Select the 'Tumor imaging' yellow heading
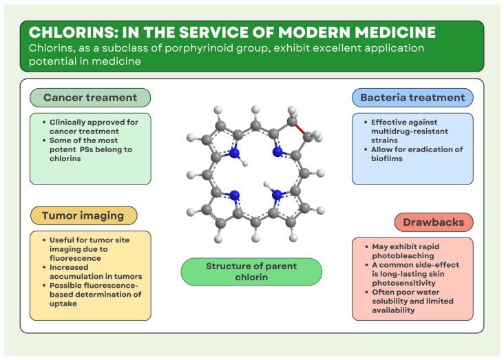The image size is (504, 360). (83, 215)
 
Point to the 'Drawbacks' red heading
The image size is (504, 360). (434, 222)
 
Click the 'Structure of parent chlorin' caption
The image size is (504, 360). (251, 271)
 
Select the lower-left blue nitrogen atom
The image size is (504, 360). (235, 195)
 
